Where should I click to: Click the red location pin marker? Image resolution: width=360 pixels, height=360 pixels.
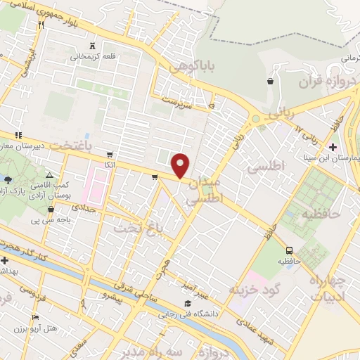coord(181,166)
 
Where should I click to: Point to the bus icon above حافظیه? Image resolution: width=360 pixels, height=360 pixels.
coord(290,250)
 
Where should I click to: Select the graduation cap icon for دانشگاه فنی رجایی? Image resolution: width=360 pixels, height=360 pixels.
coord(187,304)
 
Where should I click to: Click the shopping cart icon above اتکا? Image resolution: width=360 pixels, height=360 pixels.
coord(109,154)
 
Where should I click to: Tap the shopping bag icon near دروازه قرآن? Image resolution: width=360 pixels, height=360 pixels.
coord(270,82)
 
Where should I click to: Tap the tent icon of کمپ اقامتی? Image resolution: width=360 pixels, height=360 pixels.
coord(49,175)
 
